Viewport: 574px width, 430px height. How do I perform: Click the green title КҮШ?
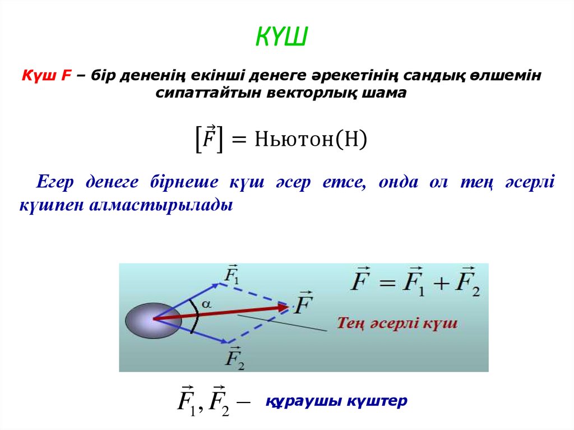283,37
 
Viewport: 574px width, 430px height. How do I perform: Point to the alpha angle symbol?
206,303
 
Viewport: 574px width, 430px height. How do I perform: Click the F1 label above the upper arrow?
231,275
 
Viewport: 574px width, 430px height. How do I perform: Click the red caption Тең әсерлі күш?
397,323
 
